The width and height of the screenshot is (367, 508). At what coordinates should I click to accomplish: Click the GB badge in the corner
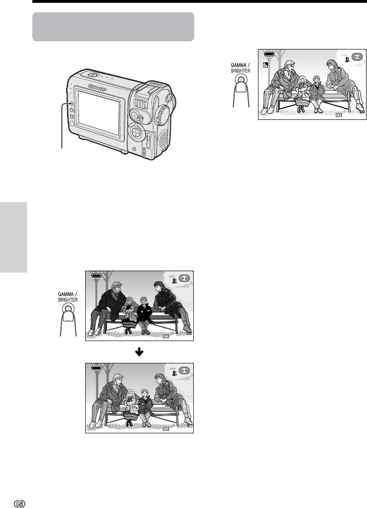(20, 503)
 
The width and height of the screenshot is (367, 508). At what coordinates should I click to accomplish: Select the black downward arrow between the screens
(139, 352)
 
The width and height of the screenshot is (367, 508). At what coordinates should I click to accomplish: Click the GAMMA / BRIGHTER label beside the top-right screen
(240, 68)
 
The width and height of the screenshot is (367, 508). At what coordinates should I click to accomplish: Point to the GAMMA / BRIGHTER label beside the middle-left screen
(68, 297)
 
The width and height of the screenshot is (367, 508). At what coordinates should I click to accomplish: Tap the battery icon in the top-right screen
(269, 54)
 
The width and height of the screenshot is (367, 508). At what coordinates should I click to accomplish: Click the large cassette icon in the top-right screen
(357, 57)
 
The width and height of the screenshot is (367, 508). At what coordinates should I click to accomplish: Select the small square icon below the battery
(266, 65)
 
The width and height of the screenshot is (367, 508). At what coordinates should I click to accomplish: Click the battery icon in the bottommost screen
(96, 368)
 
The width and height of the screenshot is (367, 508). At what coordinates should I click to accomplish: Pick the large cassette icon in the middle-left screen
(184, 278)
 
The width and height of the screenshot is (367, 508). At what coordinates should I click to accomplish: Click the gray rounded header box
(113, 27)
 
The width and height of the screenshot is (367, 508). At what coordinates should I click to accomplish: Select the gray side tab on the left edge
(13, 237)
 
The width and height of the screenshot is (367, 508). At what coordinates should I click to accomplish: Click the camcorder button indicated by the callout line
(71, 104)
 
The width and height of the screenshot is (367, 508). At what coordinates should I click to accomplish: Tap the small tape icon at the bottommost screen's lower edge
(166, 429)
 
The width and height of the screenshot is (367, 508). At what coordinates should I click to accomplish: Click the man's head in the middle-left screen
(116, 287)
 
